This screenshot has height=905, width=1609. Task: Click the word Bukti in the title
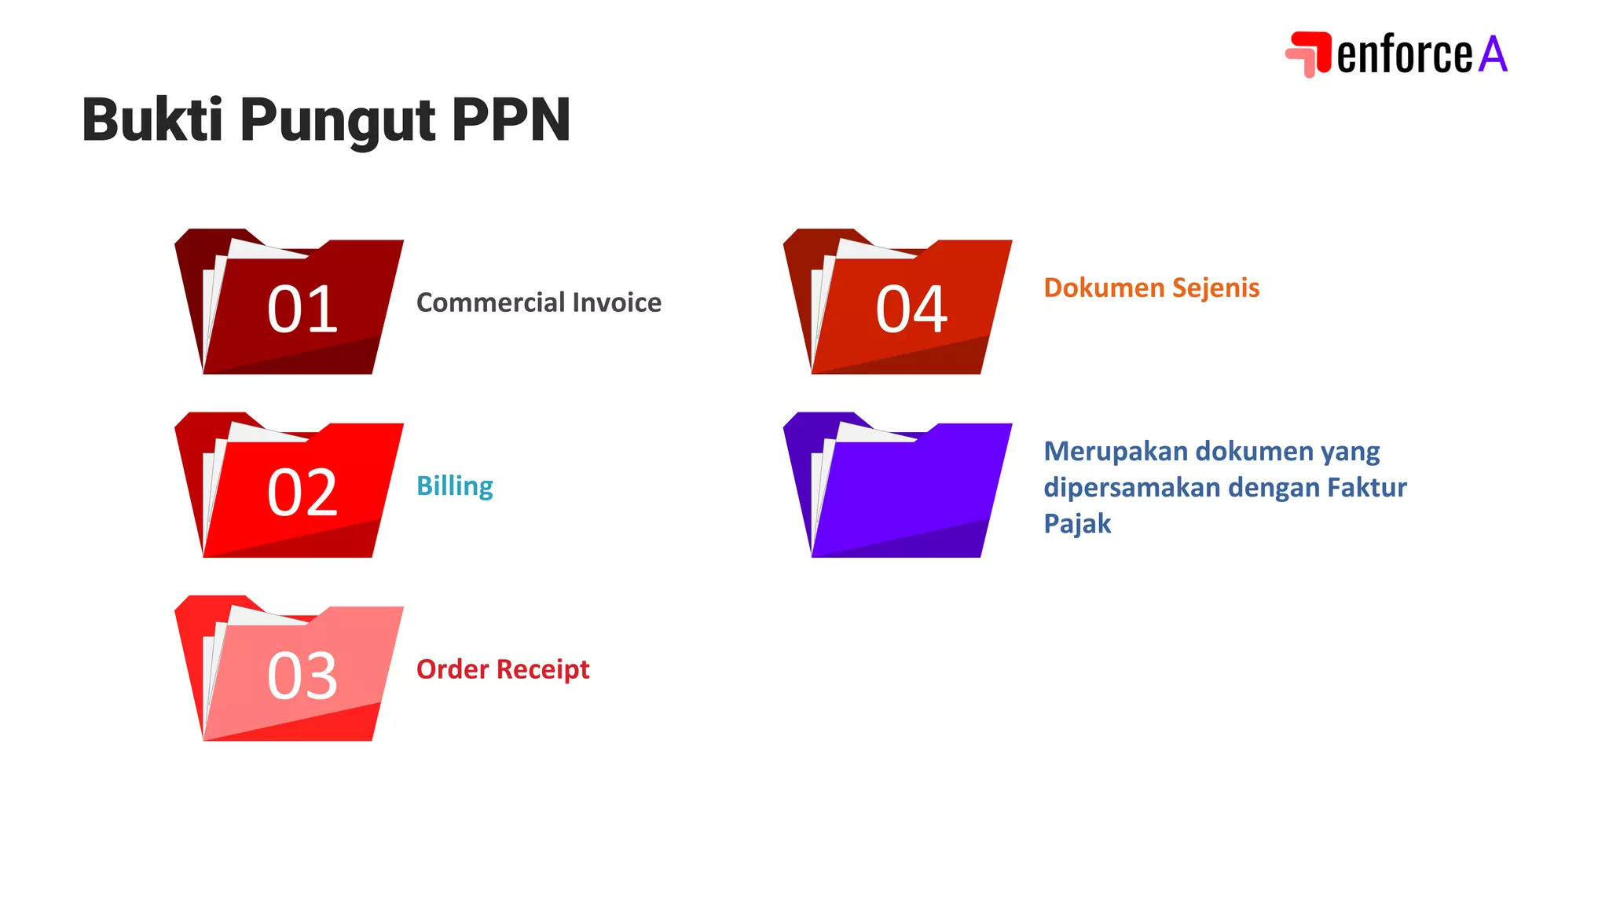click(x=152, y=120)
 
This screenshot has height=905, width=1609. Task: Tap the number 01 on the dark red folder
click(x=302, y=310)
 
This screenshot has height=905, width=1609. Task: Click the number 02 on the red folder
click(x=302, y=493)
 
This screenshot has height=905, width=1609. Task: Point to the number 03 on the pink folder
click(x=302, y=676)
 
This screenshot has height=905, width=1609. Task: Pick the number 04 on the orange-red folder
click(x=911, y=310)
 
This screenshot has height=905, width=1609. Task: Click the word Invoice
click(x=617, y=302)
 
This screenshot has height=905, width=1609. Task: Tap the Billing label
click(x=455, y=486)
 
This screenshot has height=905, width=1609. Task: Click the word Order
click(x=453, y=669)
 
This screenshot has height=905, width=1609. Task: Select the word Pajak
click(x=1077, y=524)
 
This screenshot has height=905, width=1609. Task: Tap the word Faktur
click(x=1367, y=488)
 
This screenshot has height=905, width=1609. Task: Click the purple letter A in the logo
click(x=1493, y=54)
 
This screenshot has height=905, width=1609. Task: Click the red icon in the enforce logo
click(x=1308, y=53)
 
